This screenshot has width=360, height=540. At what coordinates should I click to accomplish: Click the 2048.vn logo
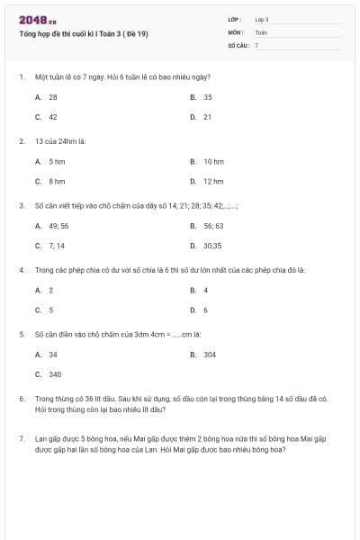click(x=38, y=18)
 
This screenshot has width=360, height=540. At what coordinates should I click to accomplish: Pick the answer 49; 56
click(x=58, y=226)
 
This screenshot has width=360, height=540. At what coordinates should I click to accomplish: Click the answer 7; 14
click(x=56, y=245)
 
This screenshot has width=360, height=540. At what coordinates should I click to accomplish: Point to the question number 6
click(x=21, y=397)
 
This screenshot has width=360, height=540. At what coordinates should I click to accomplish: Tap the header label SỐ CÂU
click(x=238, y=44)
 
